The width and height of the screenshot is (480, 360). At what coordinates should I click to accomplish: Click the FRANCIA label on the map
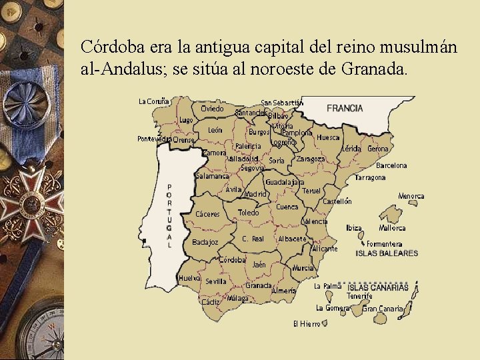pos(345,108)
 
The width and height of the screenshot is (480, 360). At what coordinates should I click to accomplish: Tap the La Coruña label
pos(153,101)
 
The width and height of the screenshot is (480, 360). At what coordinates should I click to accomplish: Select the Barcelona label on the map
pos(391,165)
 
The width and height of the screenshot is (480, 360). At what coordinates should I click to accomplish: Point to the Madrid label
pos(255,194)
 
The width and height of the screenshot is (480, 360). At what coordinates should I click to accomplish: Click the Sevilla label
pos(216,281)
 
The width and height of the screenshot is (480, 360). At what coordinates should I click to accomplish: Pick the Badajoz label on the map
pos(205,242)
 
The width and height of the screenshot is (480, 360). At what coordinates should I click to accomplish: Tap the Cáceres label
pos(207,214)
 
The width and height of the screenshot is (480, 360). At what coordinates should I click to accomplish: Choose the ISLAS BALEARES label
pos(387,253)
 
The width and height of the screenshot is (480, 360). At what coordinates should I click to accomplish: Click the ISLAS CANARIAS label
pos(378,287)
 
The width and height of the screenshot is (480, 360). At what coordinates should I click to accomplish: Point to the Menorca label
pos(411,196)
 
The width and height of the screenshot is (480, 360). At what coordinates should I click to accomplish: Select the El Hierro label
pos(306,324)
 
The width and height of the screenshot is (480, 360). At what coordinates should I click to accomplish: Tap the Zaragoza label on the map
pos(311,159)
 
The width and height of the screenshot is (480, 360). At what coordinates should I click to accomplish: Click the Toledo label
pos(248,213)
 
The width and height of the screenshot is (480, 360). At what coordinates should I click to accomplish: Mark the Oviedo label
pos(212,108)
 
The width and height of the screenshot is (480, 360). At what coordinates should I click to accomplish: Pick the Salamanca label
pos(212,176)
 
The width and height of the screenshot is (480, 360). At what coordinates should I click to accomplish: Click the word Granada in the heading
pos(373,68)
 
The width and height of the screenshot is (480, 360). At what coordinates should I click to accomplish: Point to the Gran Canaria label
pos(383,309)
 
